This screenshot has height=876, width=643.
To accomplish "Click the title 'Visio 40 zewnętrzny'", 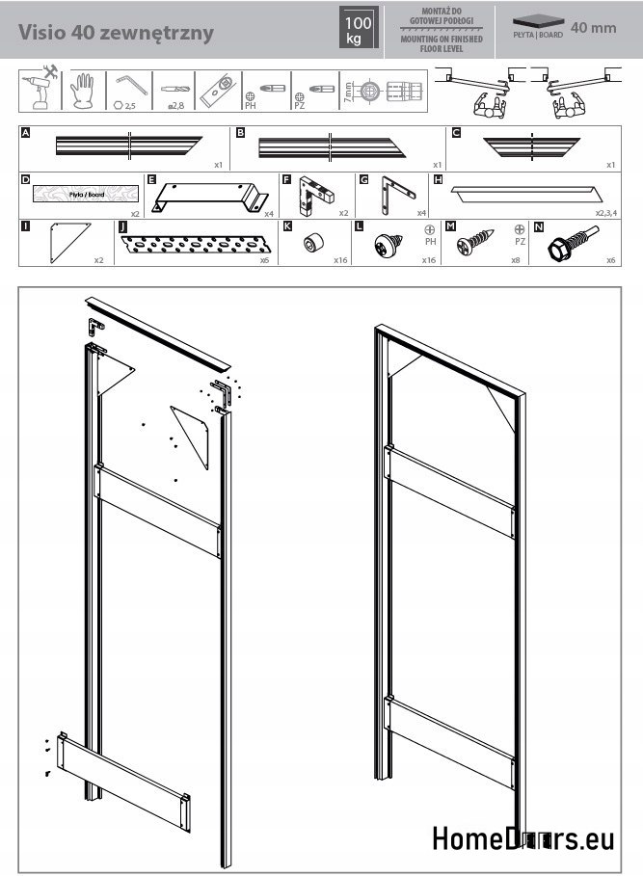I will pyautogui.click(x=116, y=30).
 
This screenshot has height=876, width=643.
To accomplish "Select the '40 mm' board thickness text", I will pyautogui.click(x=593, y=27).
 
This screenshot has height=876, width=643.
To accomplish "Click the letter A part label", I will pyautogui.click(x=25, y=132).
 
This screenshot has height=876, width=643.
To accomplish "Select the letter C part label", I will pyautogui.click(x=456, y=132).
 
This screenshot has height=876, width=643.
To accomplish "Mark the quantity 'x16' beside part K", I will pyautogui.click(x=340, y=260).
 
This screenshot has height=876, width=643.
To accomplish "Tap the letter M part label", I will pyautogui.click(x=450, y=226).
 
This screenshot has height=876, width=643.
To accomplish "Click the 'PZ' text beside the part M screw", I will pyautogui.click(x=520, y=242).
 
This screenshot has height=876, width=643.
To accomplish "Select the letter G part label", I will pyautogui.click(x=363, y=179).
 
